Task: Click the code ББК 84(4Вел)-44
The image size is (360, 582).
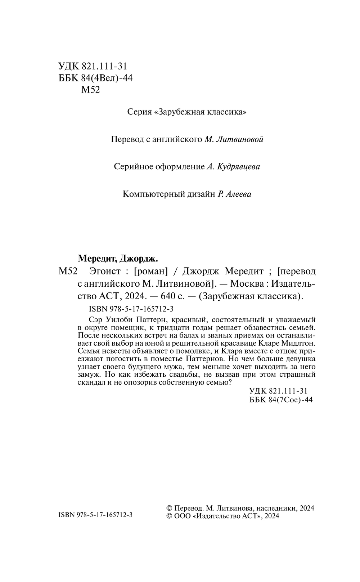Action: [x=95, y=78]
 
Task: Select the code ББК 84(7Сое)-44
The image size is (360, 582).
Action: [x=280, y=400]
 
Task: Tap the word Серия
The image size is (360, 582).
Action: [x=139, y=112]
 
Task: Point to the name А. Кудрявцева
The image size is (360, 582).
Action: [x=233, y=167]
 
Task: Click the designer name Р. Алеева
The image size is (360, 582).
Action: [x=234, y=194]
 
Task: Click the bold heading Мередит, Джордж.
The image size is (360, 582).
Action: [x=118, y=258]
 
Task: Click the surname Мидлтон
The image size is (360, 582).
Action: [x=298, y=343]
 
